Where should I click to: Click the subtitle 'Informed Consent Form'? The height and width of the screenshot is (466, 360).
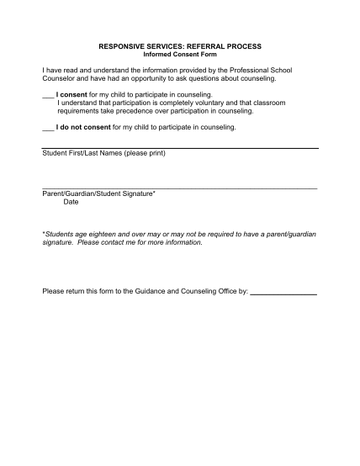(x=179, y=55)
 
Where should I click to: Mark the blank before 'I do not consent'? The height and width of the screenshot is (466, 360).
(x=48, y=128)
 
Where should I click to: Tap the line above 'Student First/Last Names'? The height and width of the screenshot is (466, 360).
(x=179, y=148)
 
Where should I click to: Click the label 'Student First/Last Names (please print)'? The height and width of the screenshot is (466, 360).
(x=103, y=154)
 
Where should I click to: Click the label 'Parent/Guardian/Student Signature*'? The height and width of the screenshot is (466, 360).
(x=98, y=194)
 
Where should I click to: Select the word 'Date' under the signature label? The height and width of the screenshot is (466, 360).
(x=71, y=202)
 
